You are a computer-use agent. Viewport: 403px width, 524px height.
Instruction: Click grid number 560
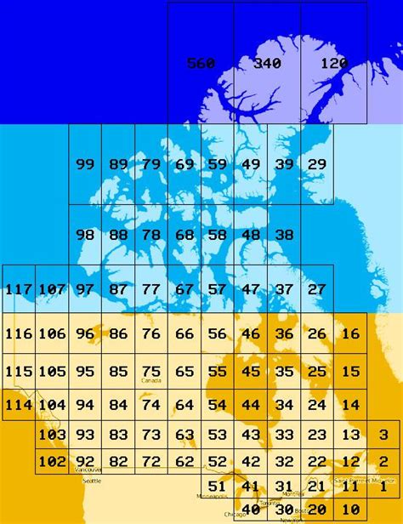[x=201, y=64]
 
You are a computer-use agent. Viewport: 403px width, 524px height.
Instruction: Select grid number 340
[x=267, y=64]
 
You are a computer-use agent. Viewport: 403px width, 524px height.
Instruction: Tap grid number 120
[x=334, y=64]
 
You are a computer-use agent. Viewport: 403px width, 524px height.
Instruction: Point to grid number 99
[x=85, y=164]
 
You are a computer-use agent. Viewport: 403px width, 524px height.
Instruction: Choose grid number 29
[x=316, y=164]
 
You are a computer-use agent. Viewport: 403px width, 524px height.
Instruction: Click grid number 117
[x=19, y=289]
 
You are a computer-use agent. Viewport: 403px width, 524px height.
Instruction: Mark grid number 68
[x=184, y=235]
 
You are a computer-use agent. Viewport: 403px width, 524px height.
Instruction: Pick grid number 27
[x=316, y=289]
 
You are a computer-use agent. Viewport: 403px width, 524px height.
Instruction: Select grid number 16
[x=350, y=334]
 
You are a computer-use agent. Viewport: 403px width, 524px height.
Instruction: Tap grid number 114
[x=19, y=405]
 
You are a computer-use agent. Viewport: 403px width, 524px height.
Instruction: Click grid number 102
[x=52, y=462]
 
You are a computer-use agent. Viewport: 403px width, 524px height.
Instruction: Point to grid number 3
[x=384, y=434]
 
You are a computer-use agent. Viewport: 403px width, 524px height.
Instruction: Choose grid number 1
[x=384, y=487]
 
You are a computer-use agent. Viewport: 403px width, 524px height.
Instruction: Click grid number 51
[x=218, y=487]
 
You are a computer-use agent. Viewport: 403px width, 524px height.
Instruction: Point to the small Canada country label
[x=150, y=381]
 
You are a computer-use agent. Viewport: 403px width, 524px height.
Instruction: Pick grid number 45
[x=251, y=372]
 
